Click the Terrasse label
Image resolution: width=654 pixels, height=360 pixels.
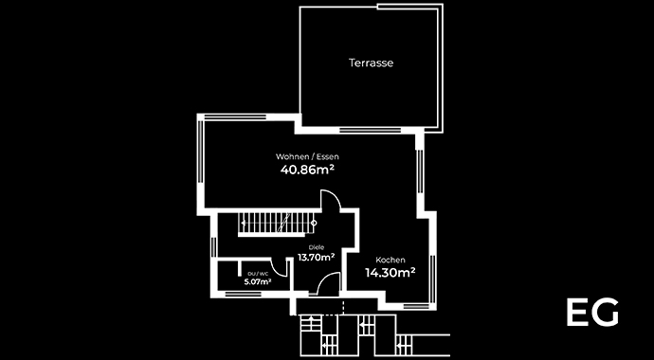pyautogui.click(x=371, y=63)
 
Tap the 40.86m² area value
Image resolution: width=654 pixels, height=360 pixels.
pyautogui.click(x=307, y=171)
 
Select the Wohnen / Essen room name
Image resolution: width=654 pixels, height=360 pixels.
pyautogui.click(x=307, y=155)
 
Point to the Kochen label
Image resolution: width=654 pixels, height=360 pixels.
pyautogui.click(x=391, y=260)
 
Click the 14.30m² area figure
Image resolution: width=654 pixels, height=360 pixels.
pyautogui.click(x=391, y=273)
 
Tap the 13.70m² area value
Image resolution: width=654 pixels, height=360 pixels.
pyautogui.click(x=316, y=257)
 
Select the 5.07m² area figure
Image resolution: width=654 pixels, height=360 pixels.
pyautogui.click(x=257, y=281)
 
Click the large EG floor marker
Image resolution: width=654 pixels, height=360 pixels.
pyautogui.click(x=592, y=313)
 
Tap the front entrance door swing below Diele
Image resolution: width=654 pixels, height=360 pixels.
pyautogui.click(x=327, y=283)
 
